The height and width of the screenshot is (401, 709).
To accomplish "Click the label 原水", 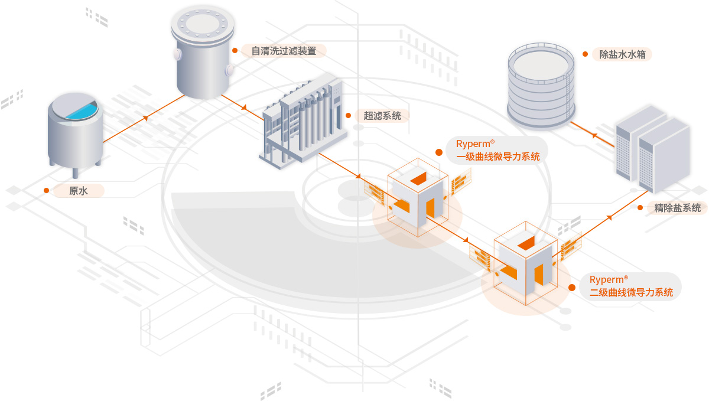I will (79, 191).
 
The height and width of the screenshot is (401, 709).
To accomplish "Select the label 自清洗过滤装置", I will (284, 51).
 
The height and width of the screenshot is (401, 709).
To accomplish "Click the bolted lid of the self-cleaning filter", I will (202, 24).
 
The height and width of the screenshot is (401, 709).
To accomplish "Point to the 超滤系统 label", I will (382, 116).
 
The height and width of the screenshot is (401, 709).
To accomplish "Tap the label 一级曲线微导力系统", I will (497, 157).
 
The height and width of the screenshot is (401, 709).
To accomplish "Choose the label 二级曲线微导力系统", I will (631, 292).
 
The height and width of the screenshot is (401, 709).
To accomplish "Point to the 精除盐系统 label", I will (677, 208).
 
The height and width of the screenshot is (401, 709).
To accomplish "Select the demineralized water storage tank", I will (541, 86).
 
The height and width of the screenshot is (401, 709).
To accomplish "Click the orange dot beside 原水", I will (46, 190).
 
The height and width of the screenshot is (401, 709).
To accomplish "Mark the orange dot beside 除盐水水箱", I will (585, 54).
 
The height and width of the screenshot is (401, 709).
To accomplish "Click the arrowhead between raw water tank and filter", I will (145, 119).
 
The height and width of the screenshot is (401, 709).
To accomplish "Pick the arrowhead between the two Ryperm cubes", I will (466, 240).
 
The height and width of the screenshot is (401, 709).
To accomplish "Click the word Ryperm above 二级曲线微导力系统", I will (606, 280).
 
